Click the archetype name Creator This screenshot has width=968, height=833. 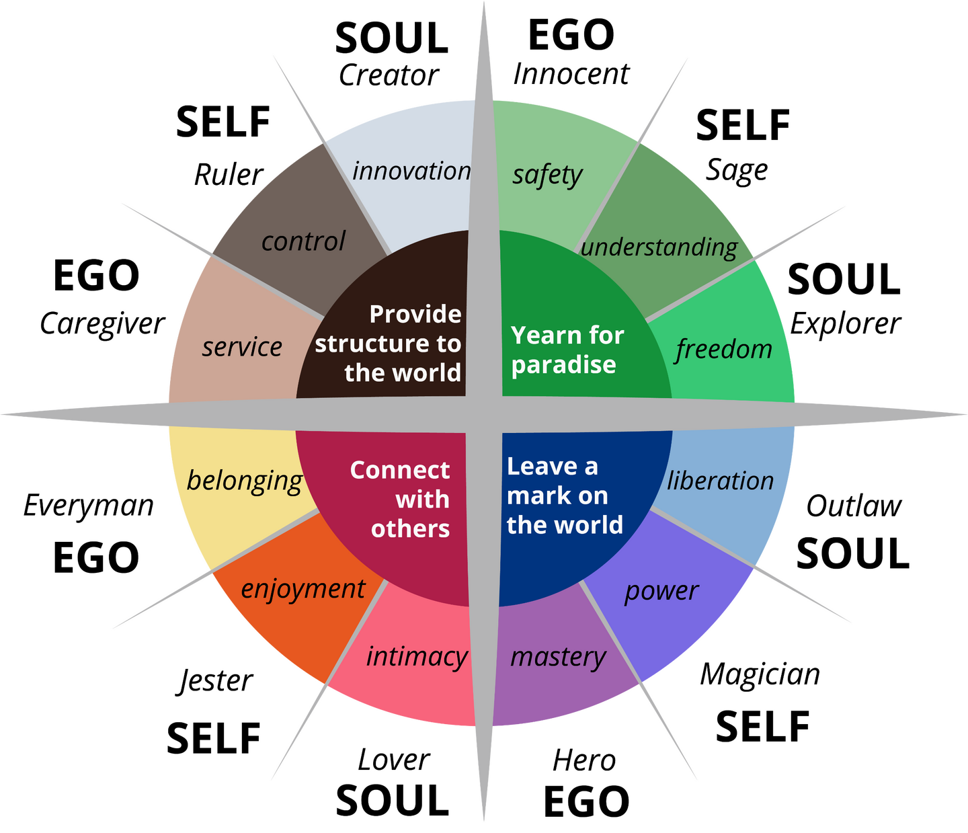(389, 75)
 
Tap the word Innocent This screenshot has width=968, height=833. (571, 74)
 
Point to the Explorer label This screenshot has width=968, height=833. (845, 324)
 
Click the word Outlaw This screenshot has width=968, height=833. (853, 506)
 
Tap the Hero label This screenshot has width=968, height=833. (584, 760)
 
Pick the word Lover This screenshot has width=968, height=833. (393, 760)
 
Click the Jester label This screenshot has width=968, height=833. (215, 682)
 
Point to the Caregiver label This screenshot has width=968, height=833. (102, 324)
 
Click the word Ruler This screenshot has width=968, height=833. (229, 175)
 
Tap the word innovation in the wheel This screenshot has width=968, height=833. (411, 171)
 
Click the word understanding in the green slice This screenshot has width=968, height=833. (659, 247)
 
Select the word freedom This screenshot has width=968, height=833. (723, 349)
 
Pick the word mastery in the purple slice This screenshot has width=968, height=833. (558, 658)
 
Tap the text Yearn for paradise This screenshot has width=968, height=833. (567, 350)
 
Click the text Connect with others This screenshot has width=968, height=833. (400, 499)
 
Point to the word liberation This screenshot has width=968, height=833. (720, 481)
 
